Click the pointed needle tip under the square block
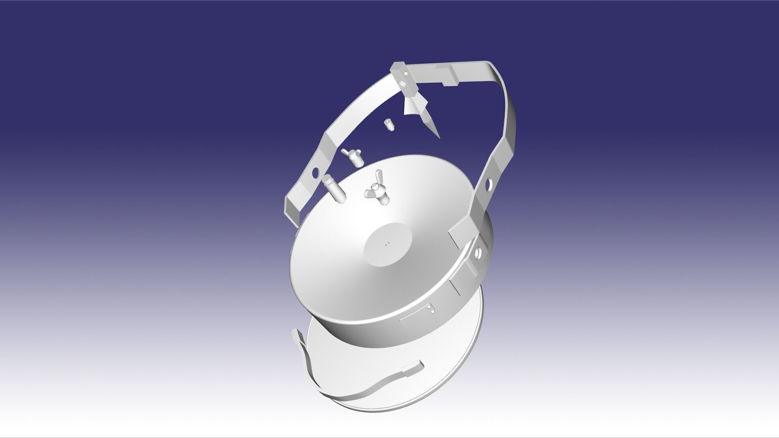[436, 132]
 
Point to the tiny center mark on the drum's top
[388, 244]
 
